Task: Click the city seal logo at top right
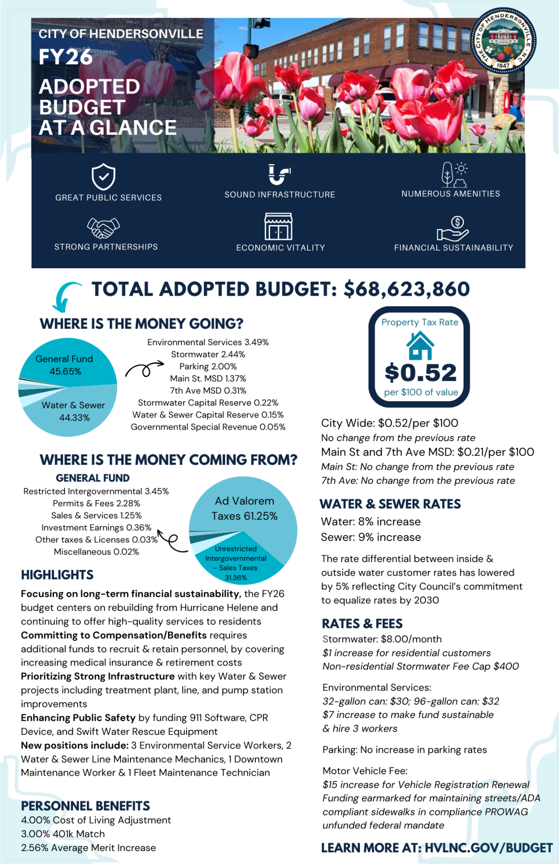tap(503, 41)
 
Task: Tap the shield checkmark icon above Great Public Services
tap(103, 177)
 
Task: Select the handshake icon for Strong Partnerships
tap(103, 228)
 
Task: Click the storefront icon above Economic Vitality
tap(278, 227)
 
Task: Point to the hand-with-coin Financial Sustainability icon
tap(452, 228)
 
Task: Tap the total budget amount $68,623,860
tap(406, 289)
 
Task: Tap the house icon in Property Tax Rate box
tap(420, 346)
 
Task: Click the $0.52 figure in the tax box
tap(420, 372)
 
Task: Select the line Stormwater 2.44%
tap(208, 354)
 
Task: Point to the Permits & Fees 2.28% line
tap(96, 503)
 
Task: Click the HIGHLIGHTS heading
tap(57, 575)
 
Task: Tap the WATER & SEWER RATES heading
tap(390, 504)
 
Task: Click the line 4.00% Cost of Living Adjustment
tap(95, 820)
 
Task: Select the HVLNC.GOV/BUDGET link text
tap(488, 848)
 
